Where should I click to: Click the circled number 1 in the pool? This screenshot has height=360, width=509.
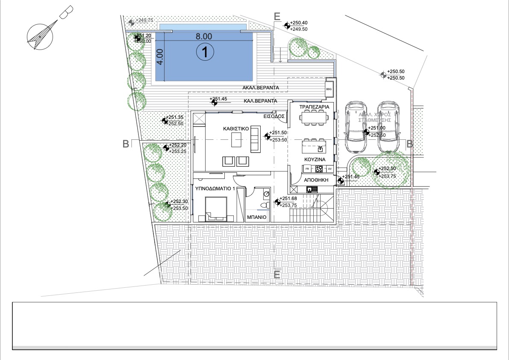(x=204, y=52)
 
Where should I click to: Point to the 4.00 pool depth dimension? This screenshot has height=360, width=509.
(x=160, y=56)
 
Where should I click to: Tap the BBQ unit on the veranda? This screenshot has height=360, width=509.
(x=329, y=89)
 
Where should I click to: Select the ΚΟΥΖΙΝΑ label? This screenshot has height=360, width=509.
(x=315, y=159)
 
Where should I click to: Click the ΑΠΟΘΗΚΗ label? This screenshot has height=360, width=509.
(x=316, y=180)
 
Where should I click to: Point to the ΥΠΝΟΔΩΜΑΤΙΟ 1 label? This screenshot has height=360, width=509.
(x=215, y=189)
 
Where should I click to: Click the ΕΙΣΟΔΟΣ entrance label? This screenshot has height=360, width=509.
(x=274, y=116)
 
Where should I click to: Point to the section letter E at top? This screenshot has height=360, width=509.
(x=277, y=17)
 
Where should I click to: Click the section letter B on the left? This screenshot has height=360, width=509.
(x=126, y=144)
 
